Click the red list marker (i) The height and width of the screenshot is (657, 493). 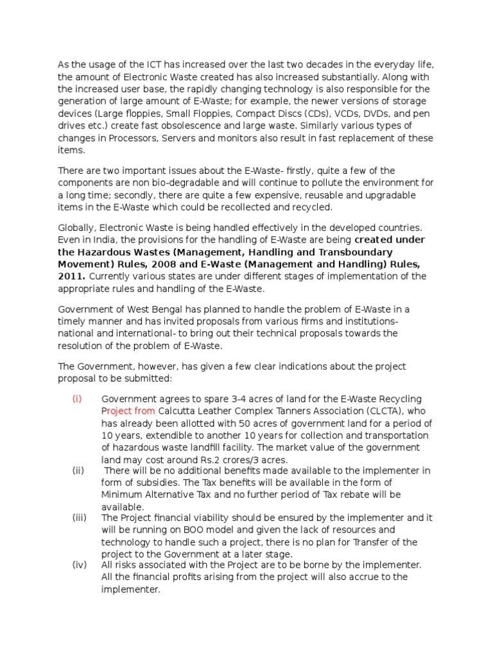pyautogui.click(x=76, y=398)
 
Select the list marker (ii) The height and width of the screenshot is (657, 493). pyautogui.click(x=78, y=470)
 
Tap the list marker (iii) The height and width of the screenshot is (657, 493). pyautogui.click(x=80, y=518)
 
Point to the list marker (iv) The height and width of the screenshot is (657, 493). pyautogui.click(x=79, y=565)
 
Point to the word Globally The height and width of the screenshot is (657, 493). pyautogui.click(x=78, y=228)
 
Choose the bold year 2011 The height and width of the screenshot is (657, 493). pyautogui.click(x=71, y=277)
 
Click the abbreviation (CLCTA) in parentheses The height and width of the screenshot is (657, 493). pyautogui.click(x=375, y=411)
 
